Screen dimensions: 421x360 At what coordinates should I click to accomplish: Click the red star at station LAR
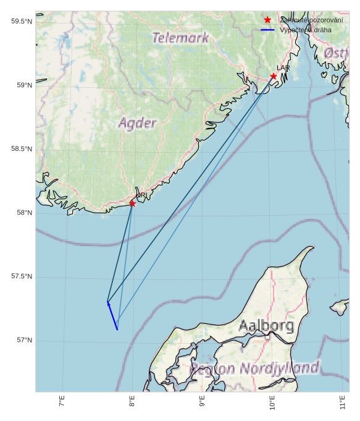click(x=274, y=77)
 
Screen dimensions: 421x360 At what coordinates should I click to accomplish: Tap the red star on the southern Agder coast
click(x=132, y=203)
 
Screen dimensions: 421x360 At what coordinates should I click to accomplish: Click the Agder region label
click(x=137, y=123)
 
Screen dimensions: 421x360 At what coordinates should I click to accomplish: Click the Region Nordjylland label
click(x=254, y=368)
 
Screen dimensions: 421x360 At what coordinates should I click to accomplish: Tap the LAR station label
click(x=283, y=68)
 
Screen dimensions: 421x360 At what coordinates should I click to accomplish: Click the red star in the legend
click(x=267, y=20)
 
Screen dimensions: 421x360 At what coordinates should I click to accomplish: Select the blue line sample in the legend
click(x=267, y=30)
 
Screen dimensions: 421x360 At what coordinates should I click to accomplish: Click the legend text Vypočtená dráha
click(x=305, y=30)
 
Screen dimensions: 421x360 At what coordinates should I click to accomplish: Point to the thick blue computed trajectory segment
click(x=112, y=316)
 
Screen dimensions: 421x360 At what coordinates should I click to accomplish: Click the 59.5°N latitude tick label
click(x=22, y=22)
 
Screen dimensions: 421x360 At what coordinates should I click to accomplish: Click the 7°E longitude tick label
click(x=62, y=402)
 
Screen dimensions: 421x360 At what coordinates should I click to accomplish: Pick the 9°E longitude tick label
click(x=203, y=402)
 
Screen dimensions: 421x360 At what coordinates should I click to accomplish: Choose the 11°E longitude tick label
click(x=343, y=402)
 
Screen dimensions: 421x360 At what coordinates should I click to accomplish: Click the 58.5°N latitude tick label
click(x=22, y=149)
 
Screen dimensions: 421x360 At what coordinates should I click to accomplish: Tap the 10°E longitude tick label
click(x=273, y=402)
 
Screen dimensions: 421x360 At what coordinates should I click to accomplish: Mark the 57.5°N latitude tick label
click(x=22, y=276)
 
